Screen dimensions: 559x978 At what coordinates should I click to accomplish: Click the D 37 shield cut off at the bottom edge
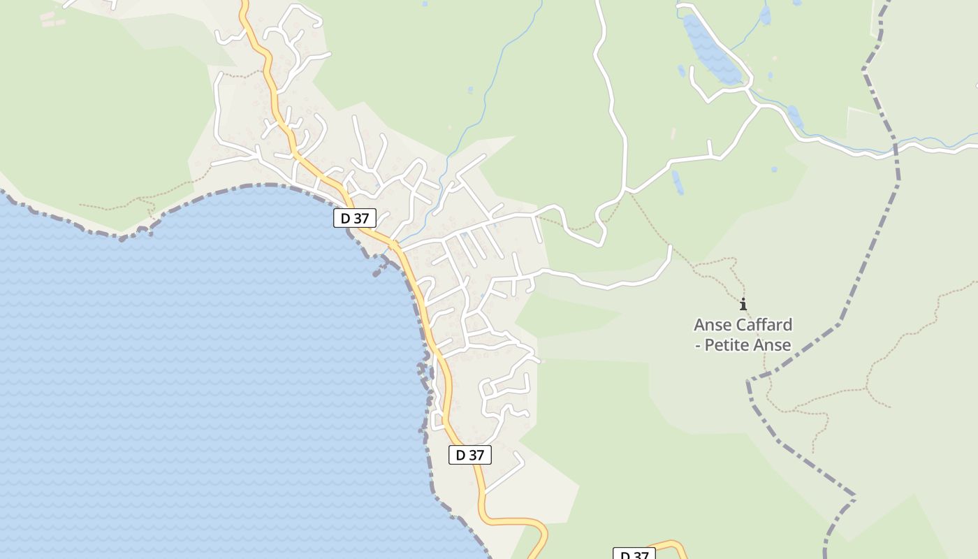pyautogui.click(x=634, y=553)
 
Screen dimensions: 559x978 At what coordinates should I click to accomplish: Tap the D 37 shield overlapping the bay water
pyautogui.click(x=355, y=218)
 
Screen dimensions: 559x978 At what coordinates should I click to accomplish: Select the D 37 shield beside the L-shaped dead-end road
pyautogui.click(x=469, y=455)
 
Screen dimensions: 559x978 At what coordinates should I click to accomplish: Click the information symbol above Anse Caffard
pyautogui.click(x=743, y=304)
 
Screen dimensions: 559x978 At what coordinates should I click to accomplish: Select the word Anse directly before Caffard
pyautogui.click(x=709, y=325)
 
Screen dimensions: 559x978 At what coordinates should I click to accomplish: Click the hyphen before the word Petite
pyautogui.click(x=697, y=345)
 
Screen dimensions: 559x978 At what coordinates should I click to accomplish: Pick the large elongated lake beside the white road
pyautogui.click(x=710, y=49)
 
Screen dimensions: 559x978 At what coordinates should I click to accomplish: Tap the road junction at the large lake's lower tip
pyautogui.click(x=749, y=89)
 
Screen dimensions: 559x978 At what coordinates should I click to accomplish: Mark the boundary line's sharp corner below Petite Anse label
pyautogui.click(x=749, y=382)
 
